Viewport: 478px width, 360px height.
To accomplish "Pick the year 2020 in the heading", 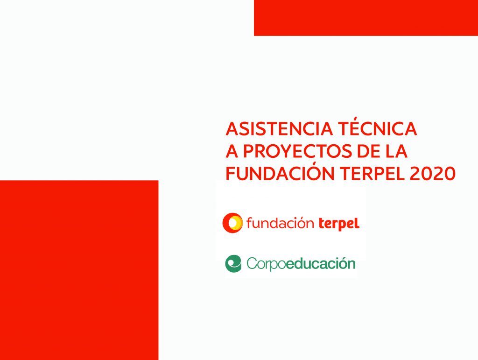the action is point(433,174).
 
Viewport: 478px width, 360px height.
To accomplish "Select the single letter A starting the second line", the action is point(232,151).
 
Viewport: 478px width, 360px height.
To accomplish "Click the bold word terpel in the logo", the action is point(339,224).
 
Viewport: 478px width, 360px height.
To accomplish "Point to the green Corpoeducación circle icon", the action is point(233,264).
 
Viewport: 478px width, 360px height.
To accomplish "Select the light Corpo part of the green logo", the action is point(266,264).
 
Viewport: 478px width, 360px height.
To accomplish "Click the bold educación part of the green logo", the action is point(321,263).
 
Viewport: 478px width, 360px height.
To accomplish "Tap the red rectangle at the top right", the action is point(366,18).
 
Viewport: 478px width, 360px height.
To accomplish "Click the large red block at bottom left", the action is point(79,270).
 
